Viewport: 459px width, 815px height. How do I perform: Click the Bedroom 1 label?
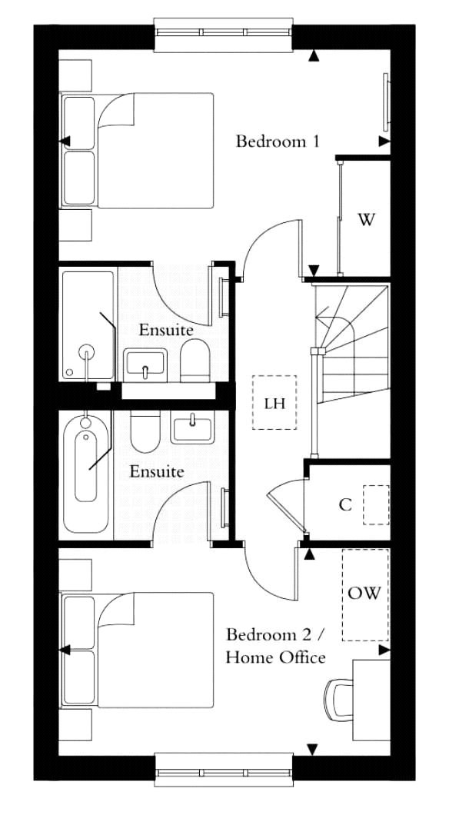coord(277,141)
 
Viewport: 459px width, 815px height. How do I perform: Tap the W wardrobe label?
coord(366,220)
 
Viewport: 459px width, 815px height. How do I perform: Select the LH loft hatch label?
coord(274,404)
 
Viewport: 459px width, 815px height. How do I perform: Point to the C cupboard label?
coord(345,504)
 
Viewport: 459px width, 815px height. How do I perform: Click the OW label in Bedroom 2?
coord(364,593)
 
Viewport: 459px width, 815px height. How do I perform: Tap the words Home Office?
coord(276,657)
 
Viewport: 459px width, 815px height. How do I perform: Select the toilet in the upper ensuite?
coord(195,361)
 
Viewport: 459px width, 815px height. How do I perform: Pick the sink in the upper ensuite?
coord(145,364)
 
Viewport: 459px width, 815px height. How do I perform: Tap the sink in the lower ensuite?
coord(191,427)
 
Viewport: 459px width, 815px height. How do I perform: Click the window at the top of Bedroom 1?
coord(225,35)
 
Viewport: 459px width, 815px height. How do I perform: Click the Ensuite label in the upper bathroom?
coord(166,330)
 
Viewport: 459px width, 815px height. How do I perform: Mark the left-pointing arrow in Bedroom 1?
coord(65,141)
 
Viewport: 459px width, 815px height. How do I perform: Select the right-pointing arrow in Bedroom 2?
coord(384,650)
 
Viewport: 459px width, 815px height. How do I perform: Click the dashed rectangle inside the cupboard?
coord(376,504)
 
